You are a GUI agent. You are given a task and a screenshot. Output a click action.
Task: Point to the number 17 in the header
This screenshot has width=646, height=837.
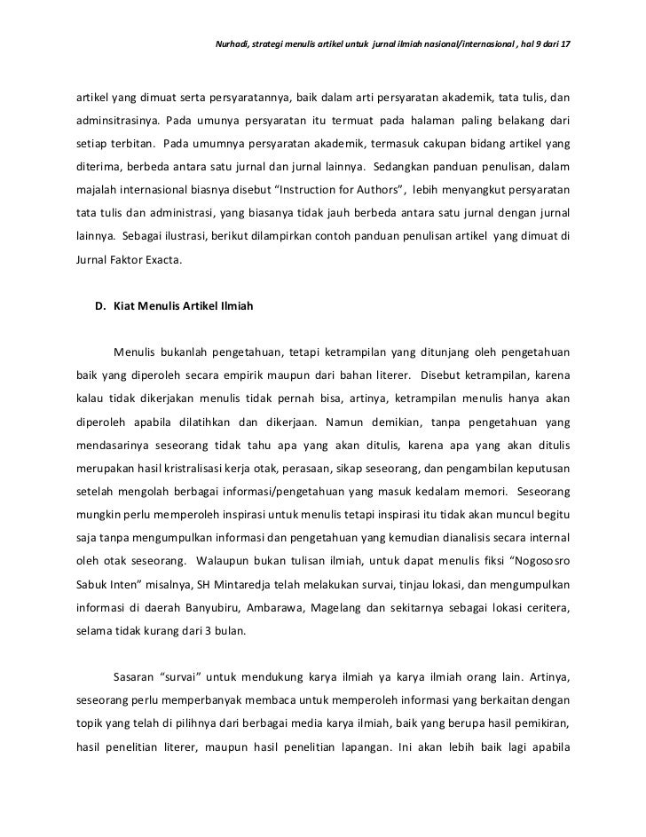coord(564,43)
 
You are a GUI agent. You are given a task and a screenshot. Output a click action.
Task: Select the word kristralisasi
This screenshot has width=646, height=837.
coord(216,468)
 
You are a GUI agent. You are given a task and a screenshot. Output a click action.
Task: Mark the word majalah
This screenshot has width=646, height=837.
coord(94,189)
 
